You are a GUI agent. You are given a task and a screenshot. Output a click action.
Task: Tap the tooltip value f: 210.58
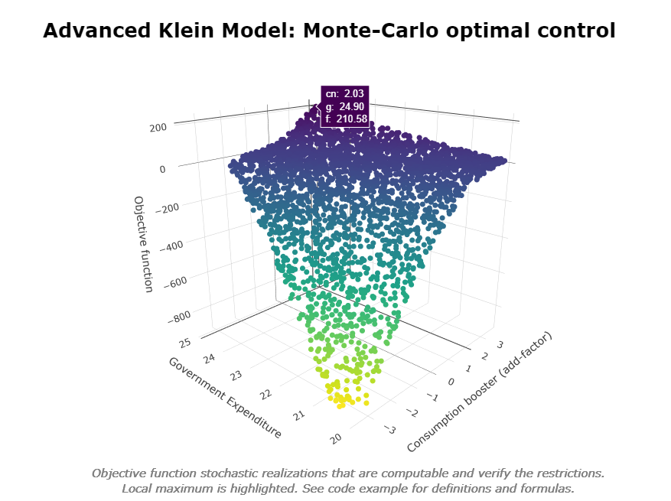[x=346, y=119]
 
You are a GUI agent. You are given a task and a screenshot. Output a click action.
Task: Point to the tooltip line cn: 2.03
[x=346, y=93]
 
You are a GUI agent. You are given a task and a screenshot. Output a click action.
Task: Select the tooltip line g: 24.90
[x=346, y=106]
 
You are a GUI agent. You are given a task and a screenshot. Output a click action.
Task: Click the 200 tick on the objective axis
[x=158, y=128]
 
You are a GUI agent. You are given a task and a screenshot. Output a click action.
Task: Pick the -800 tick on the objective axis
[x=178, y=316]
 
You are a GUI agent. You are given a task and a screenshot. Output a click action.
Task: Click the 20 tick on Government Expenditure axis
[x=335, y=438]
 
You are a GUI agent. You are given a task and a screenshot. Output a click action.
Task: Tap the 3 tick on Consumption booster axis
[x=498, y=345]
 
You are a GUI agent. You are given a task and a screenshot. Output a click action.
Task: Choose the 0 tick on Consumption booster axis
[x=450, y=382]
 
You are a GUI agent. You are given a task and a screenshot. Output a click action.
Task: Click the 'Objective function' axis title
[x=143, y=243]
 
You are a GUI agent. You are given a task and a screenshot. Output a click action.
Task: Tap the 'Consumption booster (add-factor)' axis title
[x=479, y=392]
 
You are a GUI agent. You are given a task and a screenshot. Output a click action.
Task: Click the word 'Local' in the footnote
[x=138, y=488]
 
